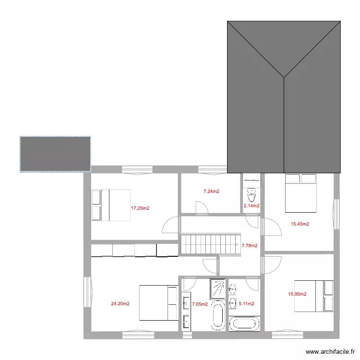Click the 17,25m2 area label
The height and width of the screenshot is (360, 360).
pos(140,208)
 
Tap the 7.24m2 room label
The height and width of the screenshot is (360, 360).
pos(211,191)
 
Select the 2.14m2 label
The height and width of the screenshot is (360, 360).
pos(252,206)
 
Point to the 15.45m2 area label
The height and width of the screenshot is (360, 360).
pos(300,224)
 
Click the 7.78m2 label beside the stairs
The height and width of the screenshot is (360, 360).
pos(250,246)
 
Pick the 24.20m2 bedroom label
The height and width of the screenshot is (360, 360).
pos(120,303)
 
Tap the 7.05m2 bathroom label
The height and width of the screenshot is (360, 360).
pos(200,304)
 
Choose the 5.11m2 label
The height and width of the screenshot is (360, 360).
pos(246,303)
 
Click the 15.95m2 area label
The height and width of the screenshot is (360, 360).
pos(297,294)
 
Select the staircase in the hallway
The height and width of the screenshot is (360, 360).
pos(210,245)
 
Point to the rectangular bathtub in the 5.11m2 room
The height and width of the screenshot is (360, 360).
pos(245,323)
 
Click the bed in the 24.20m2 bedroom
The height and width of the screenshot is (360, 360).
pos(158,302)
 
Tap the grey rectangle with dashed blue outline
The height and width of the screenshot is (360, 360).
pos(55,154)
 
